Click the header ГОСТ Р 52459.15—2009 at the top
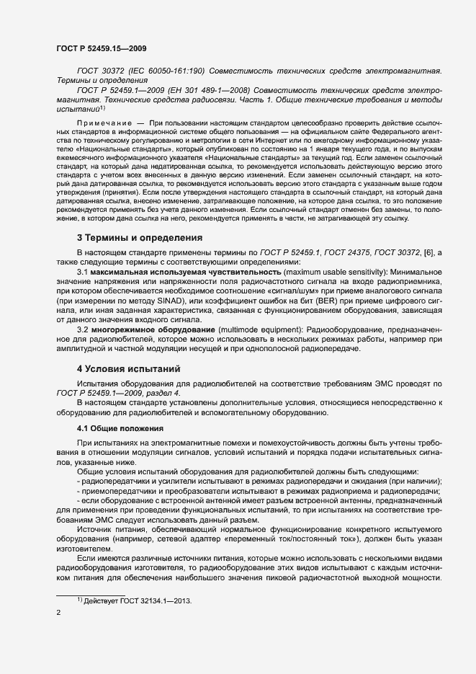(x=102, y=48)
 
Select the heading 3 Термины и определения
(x=140, y=238)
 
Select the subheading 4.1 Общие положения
(x=121, y=429)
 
